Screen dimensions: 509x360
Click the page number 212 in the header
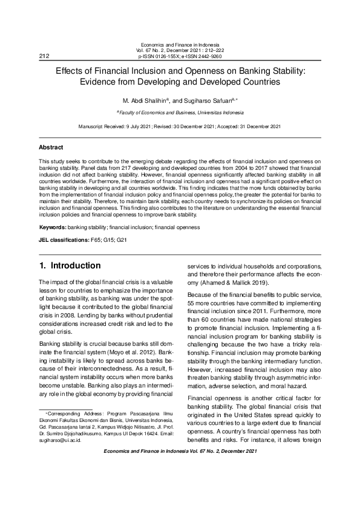point(44,56)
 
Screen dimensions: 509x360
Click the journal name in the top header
point(180,45)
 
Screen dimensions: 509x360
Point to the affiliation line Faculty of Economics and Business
point(180,112)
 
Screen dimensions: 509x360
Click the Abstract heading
point(51,148)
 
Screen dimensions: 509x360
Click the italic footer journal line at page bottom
point(180,452)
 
